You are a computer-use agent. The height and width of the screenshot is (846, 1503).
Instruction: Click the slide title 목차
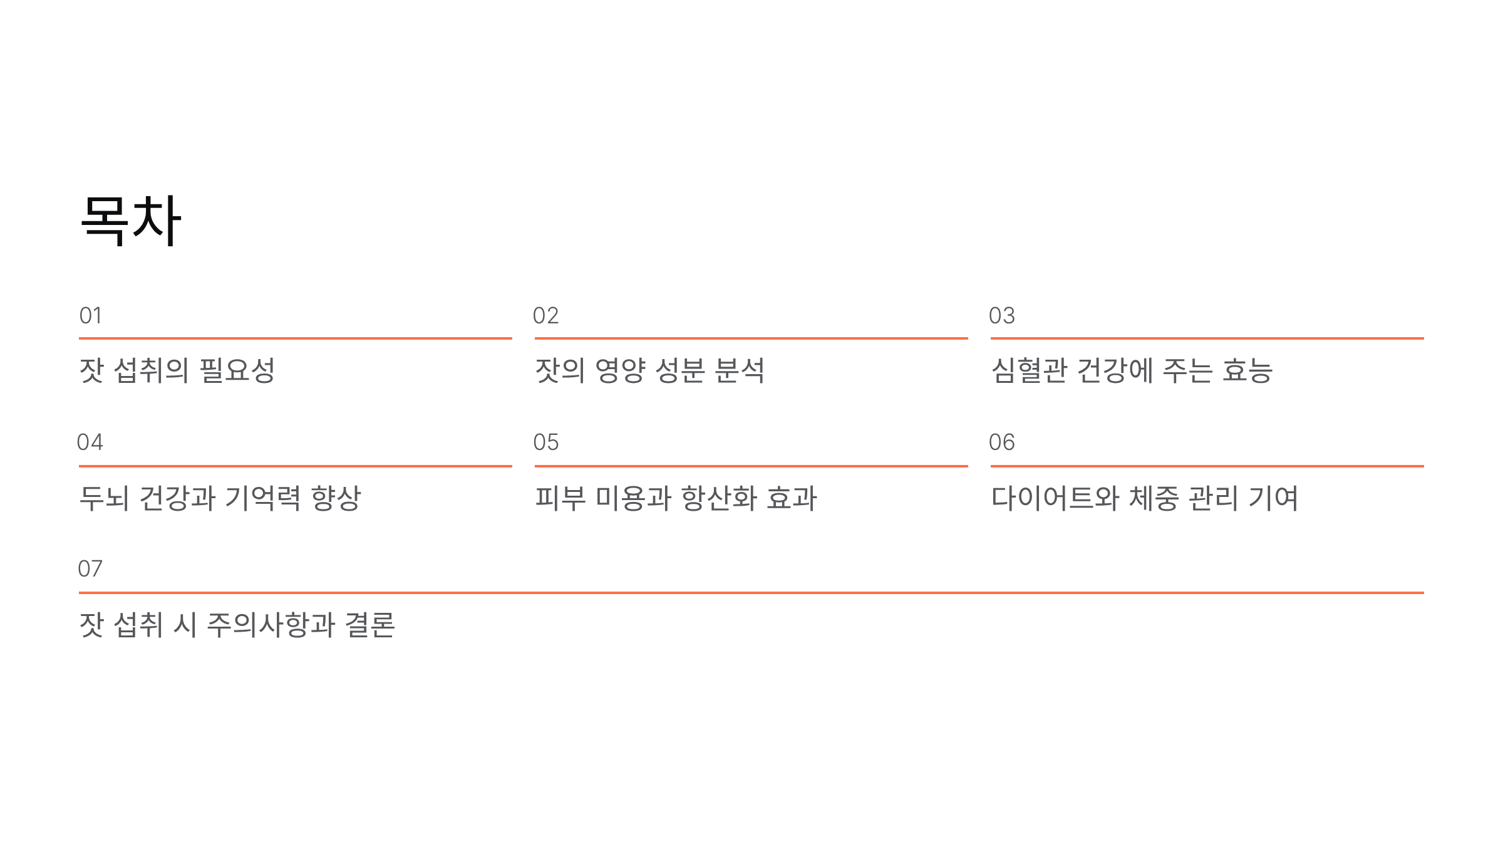point(131,221)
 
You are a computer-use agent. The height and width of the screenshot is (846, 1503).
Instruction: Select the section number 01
point(90,316)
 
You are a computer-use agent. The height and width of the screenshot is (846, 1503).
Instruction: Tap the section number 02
point(545,316)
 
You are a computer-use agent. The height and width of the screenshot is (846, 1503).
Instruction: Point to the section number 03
point(1001,316)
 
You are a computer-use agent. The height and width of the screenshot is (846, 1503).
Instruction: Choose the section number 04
point(90,442)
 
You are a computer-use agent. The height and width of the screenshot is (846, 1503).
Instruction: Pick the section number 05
point(545,442)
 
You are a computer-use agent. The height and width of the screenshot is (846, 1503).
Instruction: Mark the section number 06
point(1001,442)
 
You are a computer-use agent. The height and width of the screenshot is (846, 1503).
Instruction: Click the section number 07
point(90,569)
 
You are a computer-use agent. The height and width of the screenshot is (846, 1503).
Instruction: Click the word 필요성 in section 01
point(237,370)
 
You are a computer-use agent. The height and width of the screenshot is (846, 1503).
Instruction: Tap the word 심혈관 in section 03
point(1028,370)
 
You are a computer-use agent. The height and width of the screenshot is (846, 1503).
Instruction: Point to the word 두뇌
point(104,498)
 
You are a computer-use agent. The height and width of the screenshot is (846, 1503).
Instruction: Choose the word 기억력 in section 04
point(262,498)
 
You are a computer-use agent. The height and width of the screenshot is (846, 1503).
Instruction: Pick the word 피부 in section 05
point(560,498)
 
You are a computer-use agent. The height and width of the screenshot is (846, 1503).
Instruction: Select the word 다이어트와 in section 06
point(1055,498)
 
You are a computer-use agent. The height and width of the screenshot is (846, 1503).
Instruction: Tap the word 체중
point(1153,498)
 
